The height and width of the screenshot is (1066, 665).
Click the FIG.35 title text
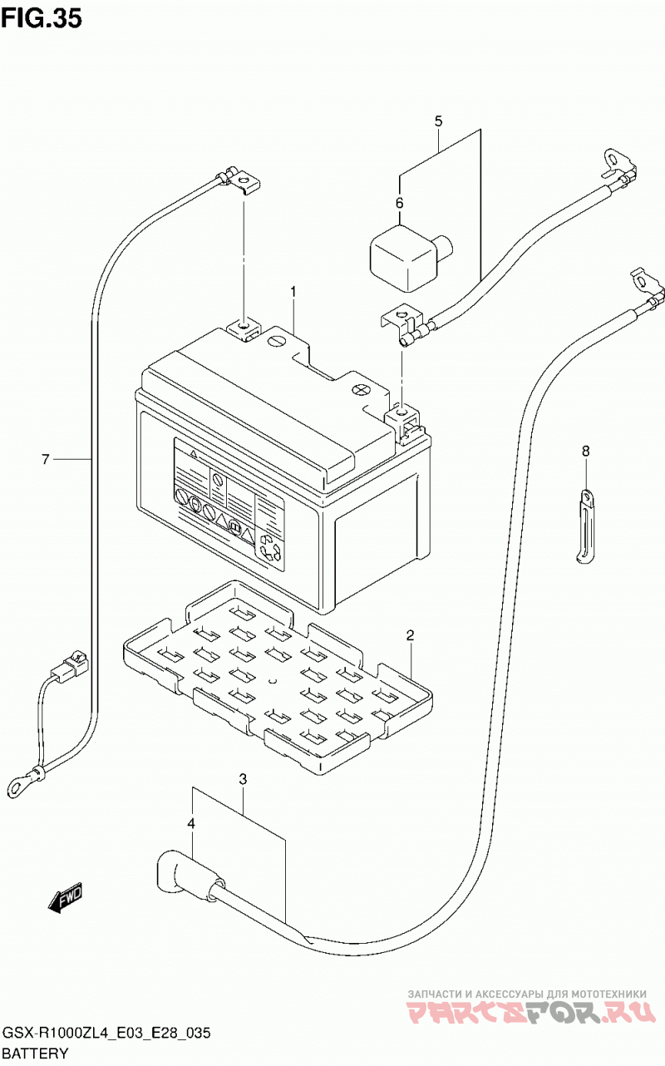42,18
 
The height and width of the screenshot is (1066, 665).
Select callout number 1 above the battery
293,291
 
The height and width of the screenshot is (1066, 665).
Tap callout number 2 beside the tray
410,634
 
